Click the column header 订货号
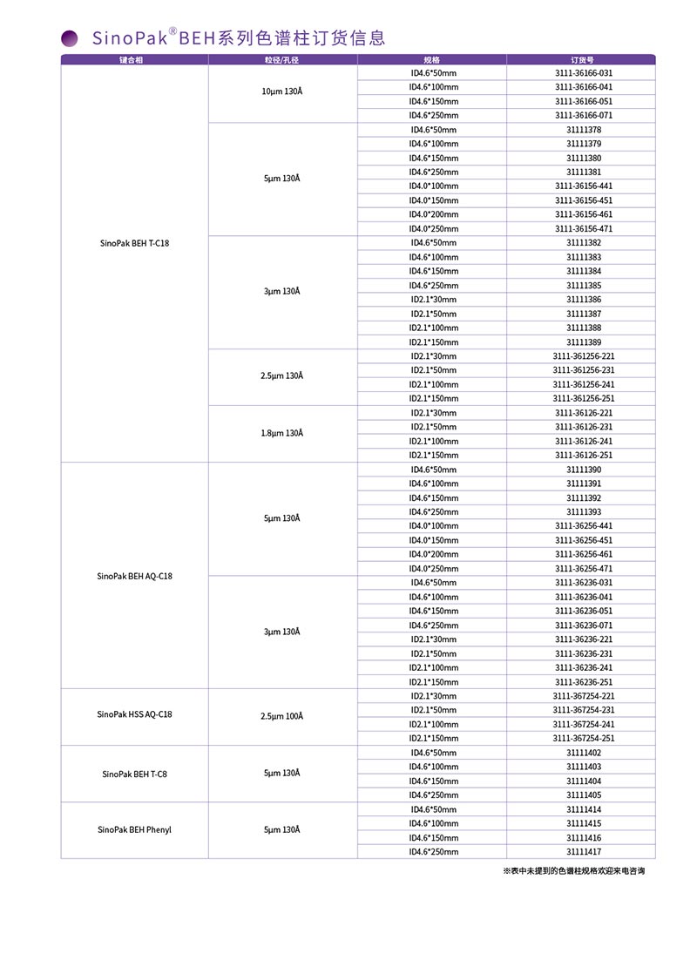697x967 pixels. [x=583, y=59]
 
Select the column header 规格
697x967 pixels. [x=432, y=59]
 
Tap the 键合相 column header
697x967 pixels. [x=134, y=59]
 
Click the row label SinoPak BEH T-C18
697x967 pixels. [x=134, y=243]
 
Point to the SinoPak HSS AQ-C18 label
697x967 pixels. [x=134, y=714]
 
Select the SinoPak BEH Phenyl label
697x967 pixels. [x=134, y=829]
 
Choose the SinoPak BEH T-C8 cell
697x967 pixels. [x=134, y=773]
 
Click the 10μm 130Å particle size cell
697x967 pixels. [x=281, y=92]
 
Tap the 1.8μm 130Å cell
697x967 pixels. [x=281, y=433]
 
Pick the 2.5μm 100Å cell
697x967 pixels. [x=281, y=716]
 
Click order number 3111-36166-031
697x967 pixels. [x=583, y=73]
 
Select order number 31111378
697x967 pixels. [x=583, y=130]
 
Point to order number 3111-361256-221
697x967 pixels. [x=583, y=356]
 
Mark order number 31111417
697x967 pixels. [x=583, y=851]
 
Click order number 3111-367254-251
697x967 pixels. [x=583, y=738]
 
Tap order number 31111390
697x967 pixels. [x=583, y=470]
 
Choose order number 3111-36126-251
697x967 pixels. [x=583, y=455]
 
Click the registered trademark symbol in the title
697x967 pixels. [x=173, y=31]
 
